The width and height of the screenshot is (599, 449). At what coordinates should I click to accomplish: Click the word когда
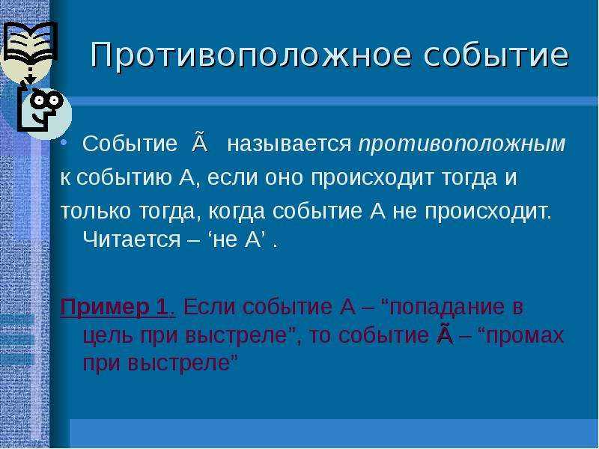[233, 212]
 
